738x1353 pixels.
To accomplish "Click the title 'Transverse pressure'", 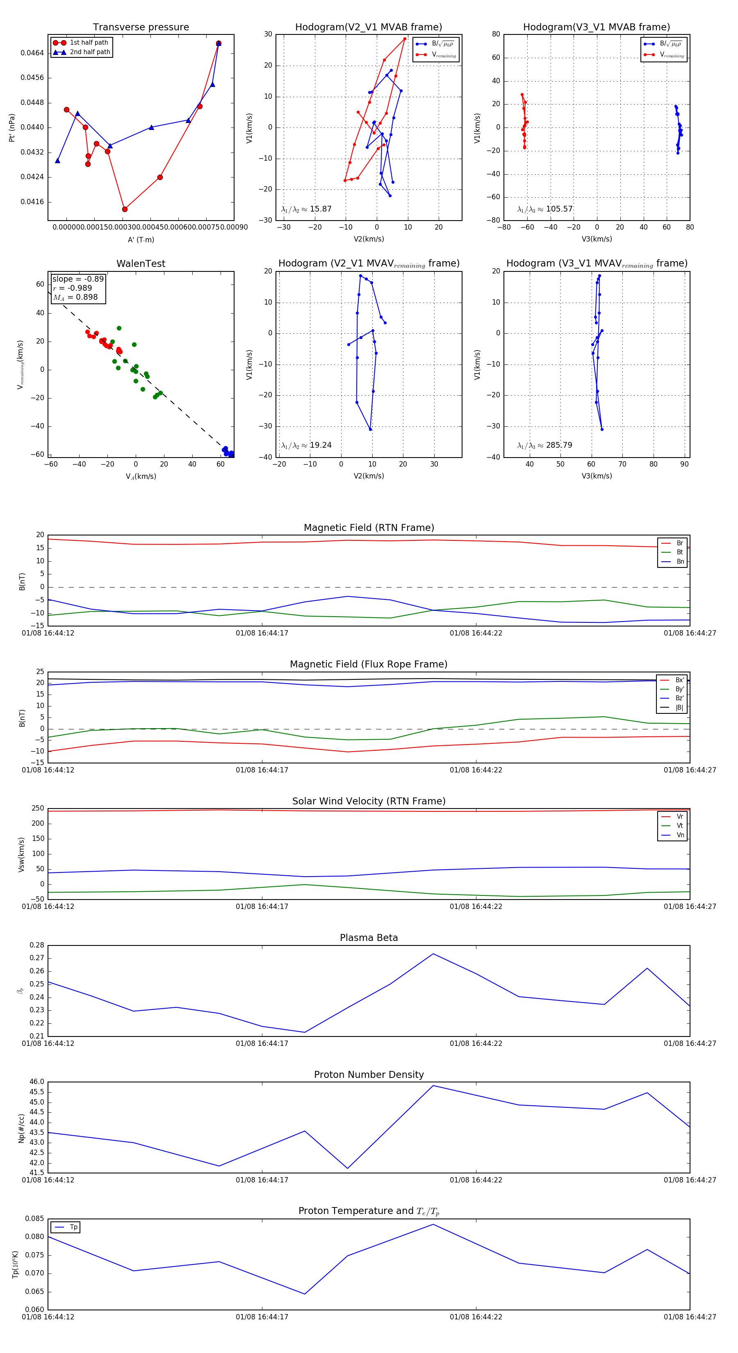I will tap(141, 27).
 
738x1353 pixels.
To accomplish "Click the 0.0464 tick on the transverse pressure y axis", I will tap(32, 53).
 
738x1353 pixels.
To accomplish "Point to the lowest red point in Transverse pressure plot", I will tap(125, 209).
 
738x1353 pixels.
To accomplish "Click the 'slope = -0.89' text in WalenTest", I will tap(78, 279).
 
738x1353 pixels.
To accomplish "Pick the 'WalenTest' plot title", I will tap(141, 264).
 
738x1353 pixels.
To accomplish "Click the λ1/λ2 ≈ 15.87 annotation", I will tap(306, 209).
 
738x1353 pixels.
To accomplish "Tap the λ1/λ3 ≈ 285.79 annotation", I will tap(545, 445).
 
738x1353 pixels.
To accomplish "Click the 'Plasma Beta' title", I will tap(369, 938).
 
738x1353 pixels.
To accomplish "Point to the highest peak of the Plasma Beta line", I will tap(433, 954).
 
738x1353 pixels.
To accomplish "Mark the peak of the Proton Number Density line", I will tap(433, 1086).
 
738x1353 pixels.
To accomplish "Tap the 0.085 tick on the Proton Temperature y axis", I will tap(35, 1219).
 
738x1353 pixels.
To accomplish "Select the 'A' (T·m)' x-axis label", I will tap(141, 239).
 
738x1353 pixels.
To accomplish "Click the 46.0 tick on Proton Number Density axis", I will tap(37, 1082).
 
